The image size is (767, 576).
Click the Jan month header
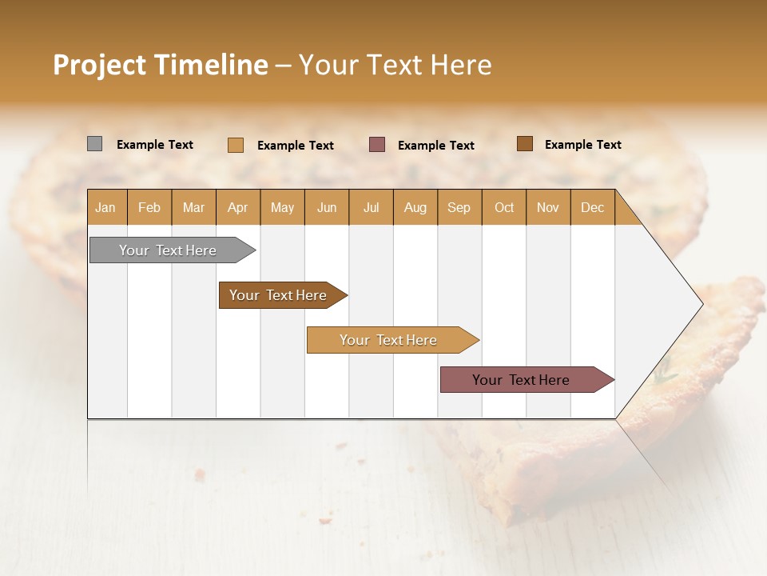[x=105, y=207]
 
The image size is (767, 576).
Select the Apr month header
[x=237, y=207]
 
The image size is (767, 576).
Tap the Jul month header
[x=371, y=207]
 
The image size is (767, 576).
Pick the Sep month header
[x=459, y=207]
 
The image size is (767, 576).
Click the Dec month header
[x=592, y=207]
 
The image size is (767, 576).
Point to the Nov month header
[x=547, y=207]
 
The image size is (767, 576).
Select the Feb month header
[x=149, y=207]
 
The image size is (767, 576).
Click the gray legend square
[x=94, y=144]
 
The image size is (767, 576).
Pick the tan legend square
[x=235, y=145]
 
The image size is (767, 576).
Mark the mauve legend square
[x=377, y=145]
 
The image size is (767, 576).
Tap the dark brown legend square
[x=524, y=144]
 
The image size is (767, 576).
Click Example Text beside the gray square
[x=155, y=145]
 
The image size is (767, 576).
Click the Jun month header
[x=326, y=207]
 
